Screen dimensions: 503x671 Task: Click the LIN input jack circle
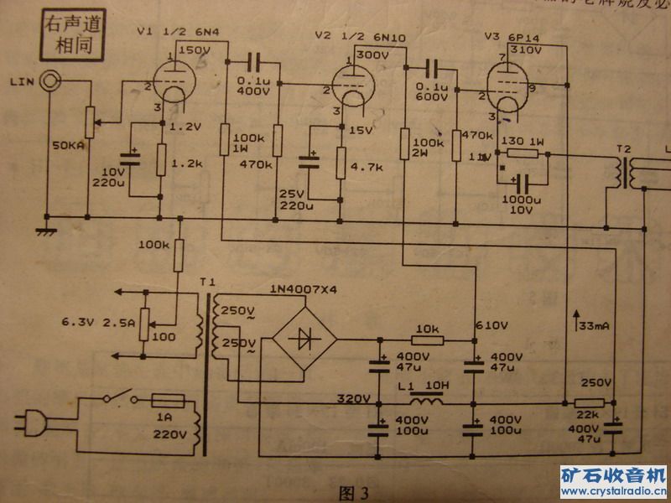click(x=52, y=81)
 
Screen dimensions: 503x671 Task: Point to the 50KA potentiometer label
click(x=68, y=144)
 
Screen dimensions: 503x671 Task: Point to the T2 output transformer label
click(x=623, y=149)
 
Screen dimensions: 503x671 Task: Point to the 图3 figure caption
click(x=352, y=490)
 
